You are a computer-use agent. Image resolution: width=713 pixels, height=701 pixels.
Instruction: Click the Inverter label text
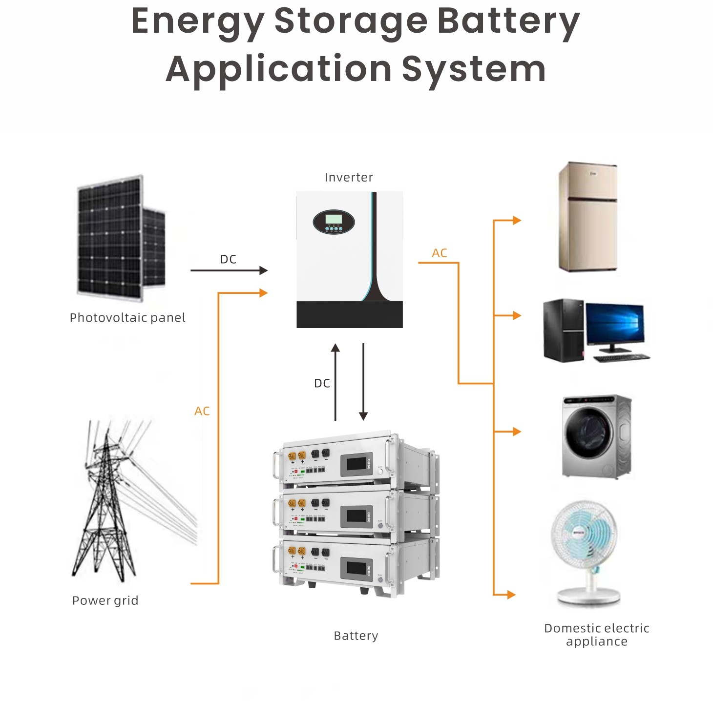(349, 177)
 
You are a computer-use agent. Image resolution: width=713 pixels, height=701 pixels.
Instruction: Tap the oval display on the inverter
(334, 222)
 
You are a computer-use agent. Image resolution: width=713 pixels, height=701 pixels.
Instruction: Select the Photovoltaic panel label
(127, 318)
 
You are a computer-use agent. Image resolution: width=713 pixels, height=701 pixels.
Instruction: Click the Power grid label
(105, 600)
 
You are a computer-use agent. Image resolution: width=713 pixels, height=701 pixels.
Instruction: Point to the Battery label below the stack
(356, 636)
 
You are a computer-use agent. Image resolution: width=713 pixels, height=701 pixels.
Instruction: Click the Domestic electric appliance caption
(597, 635)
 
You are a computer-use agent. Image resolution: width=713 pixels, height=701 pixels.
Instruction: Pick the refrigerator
(588, 217)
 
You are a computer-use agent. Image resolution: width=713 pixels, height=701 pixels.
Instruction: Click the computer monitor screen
(615, 323)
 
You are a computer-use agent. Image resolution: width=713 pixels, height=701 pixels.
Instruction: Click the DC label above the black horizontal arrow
(228, 259)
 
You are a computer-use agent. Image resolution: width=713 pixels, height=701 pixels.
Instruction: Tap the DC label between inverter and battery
(322, 383)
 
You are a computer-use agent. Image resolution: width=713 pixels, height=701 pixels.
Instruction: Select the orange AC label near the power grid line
(202, 411)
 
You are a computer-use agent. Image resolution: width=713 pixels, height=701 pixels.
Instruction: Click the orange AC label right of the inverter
(440, 253)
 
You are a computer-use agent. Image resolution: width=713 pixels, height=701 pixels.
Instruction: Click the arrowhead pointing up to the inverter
(335, 348)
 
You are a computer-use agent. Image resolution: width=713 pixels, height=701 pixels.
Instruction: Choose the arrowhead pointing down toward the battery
(363, 415)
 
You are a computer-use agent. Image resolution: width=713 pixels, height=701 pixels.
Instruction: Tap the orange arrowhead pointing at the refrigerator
(517, 220)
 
